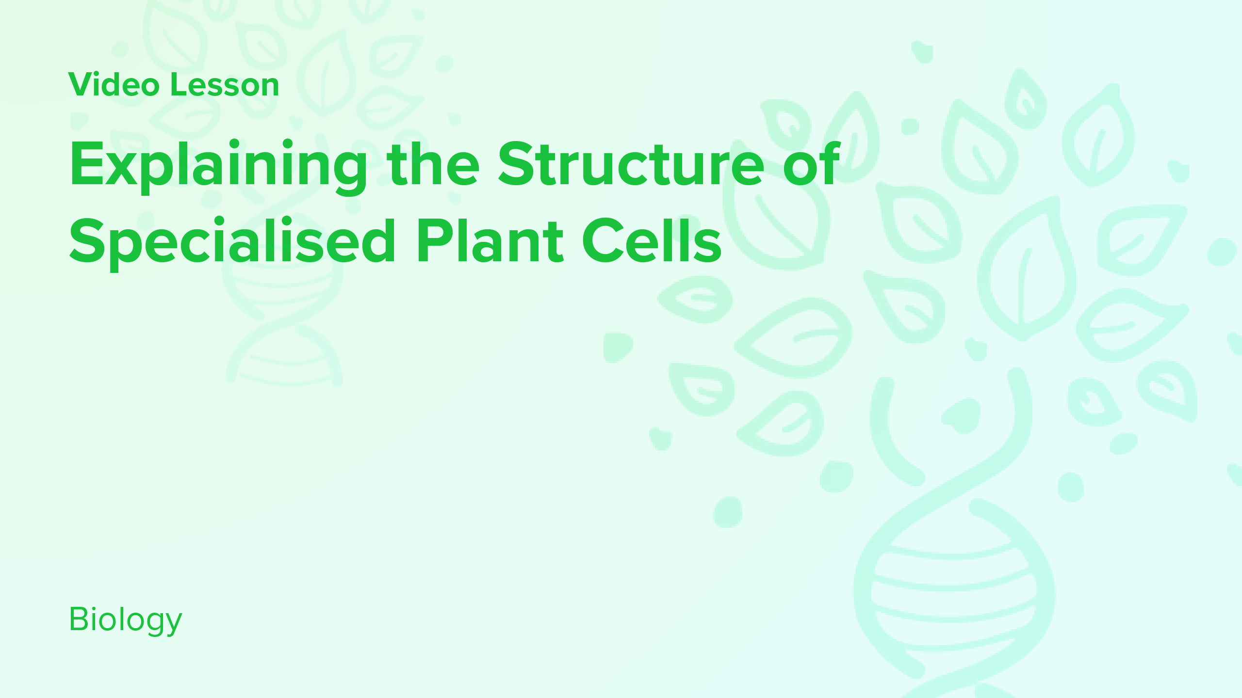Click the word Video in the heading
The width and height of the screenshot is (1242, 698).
pos(114,85)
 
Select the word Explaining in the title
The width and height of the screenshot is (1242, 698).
pos(218,165)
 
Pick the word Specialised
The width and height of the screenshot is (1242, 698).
pos(233,241)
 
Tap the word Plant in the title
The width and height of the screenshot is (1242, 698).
pos(490,241)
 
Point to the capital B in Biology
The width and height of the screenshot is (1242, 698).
pos(79,619)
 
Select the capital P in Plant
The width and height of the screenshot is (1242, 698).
pos(432,241)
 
